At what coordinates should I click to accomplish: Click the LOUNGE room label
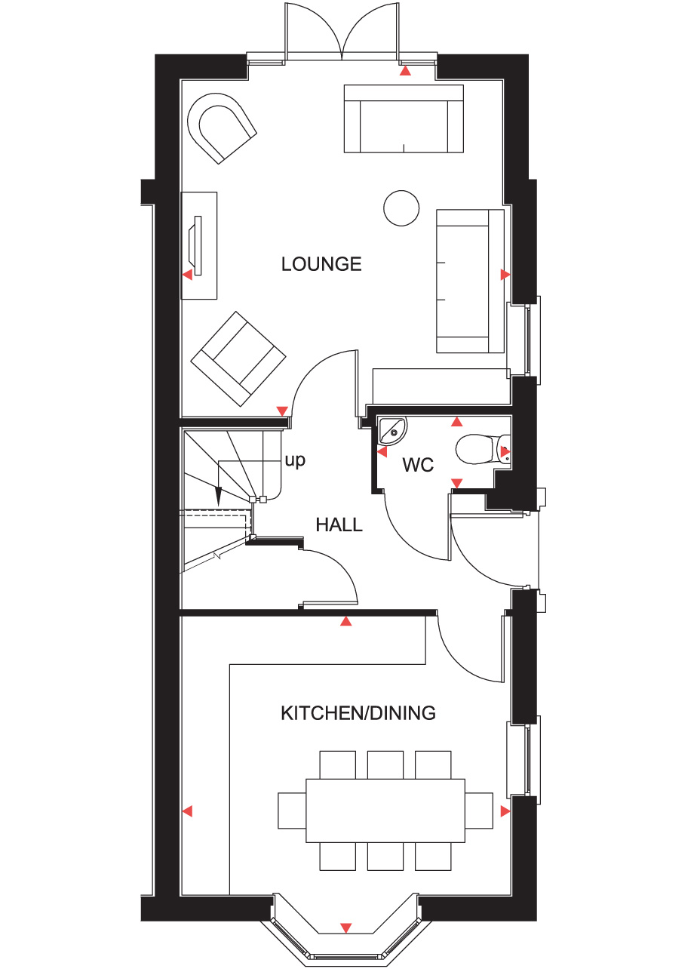point(321,264)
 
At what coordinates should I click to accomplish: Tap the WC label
point(418,465)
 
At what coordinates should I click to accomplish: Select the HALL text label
point(339,524)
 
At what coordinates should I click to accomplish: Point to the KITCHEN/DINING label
point(358,713)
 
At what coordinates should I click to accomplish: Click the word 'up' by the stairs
point(295,460)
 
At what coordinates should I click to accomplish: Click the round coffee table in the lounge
point(401,208)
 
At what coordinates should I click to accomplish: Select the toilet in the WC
point(483,450)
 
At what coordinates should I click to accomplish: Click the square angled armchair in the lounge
point(238,358)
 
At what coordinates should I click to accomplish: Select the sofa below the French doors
point(404,119)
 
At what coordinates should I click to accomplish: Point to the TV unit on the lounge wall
point(199,245)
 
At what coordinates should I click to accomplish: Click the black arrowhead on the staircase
point(218,496)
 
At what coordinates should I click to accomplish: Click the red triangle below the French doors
point(405,71)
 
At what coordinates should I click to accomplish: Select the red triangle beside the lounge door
point(282,411)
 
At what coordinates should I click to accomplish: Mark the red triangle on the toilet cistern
point(505,451)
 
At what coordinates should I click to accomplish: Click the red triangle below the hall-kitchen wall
point(346,621)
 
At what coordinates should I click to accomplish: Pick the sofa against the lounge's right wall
point(470,281)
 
